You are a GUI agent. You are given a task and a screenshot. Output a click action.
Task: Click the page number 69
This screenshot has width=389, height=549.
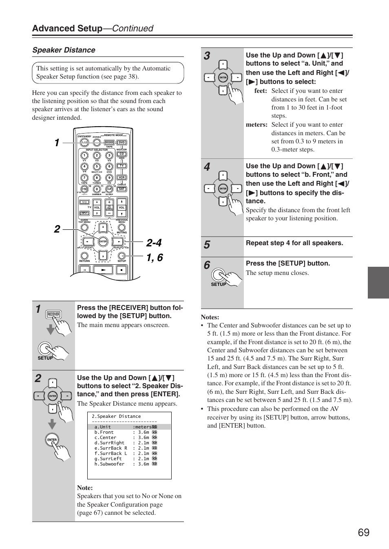363,532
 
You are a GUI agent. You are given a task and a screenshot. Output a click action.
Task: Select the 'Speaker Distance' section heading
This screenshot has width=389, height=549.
64,50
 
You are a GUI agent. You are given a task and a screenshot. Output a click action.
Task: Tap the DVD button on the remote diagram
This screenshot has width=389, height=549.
122,143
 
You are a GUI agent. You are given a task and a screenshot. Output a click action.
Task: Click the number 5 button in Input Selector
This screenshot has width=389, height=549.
97,167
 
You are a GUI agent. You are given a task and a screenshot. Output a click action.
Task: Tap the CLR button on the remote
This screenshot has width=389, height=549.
109,189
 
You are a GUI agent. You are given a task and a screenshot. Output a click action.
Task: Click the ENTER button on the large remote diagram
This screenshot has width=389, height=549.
103,242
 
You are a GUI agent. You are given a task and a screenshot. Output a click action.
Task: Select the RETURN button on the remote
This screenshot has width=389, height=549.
84,256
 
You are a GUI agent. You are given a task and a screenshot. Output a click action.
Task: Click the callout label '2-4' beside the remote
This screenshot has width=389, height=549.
154,243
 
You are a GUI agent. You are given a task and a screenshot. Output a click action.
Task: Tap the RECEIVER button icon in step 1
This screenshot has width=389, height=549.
53,314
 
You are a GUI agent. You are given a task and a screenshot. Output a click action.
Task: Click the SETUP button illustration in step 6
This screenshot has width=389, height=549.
219,274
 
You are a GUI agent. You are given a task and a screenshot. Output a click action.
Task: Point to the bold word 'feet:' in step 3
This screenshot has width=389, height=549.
261,91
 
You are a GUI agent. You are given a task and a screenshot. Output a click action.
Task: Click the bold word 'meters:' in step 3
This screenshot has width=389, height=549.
256,125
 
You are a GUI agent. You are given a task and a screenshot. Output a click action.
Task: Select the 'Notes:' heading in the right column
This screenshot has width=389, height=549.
210,317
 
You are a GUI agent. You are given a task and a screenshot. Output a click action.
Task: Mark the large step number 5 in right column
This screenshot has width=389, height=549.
207,245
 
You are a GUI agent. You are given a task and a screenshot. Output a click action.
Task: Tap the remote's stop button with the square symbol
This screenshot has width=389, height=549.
122,270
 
